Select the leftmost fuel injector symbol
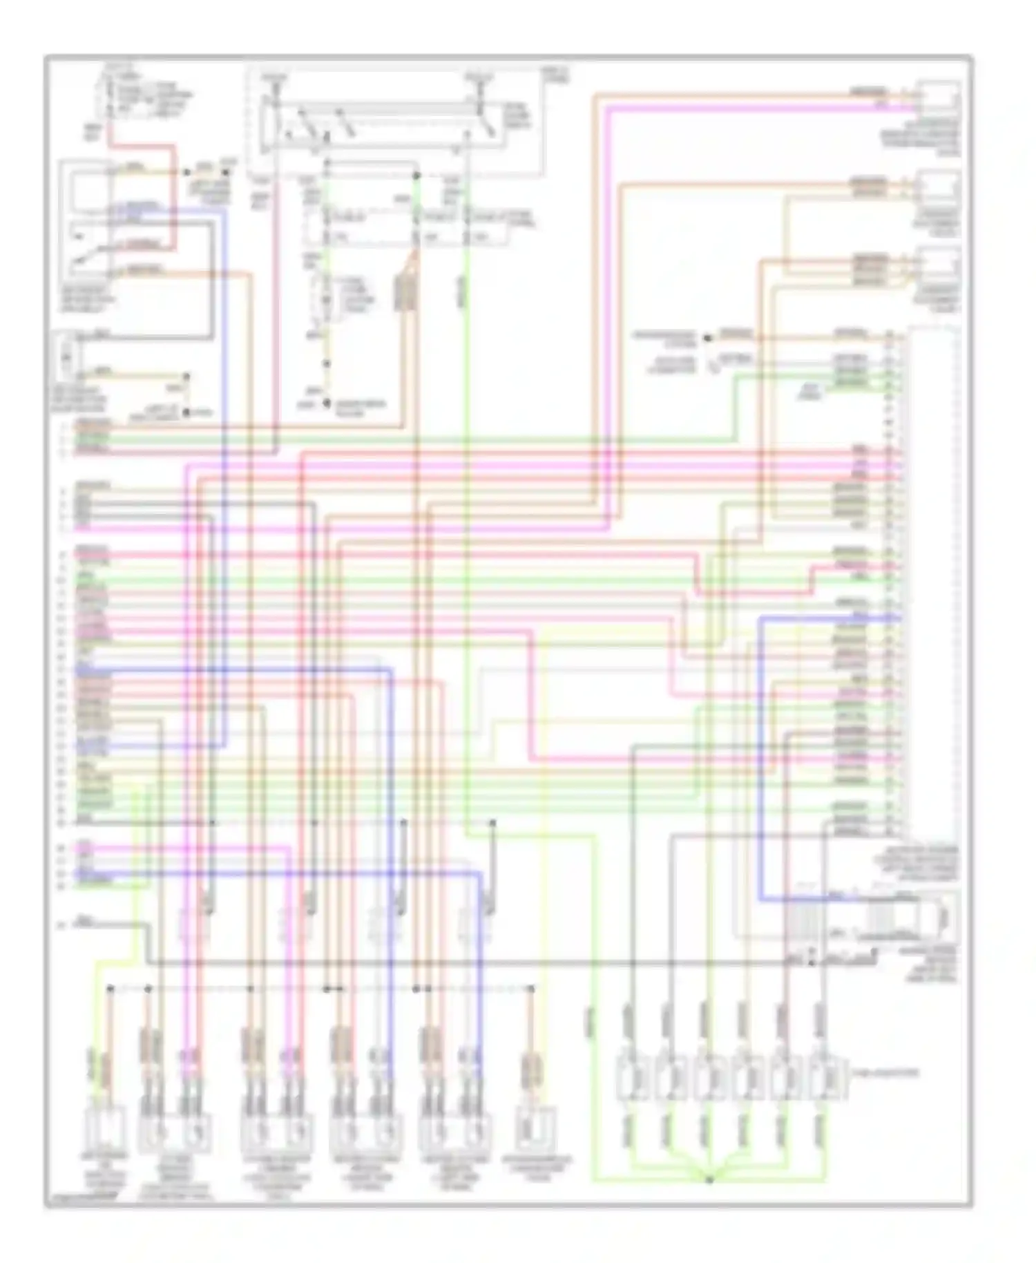click(x=632, y=1076)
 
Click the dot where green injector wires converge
click(x=709, y=1179)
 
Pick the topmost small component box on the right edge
click(x=937, y=98)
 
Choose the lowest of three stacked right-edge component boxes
click(x=937, y=266)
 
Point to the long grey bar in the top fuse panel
click(x=373, y=108)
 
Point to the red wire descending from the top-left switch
click(x=173, y=193)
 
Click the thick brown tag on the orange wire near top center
click(x=404, y=292)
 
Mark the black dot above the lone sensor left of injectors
click(x=531, y=989)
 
